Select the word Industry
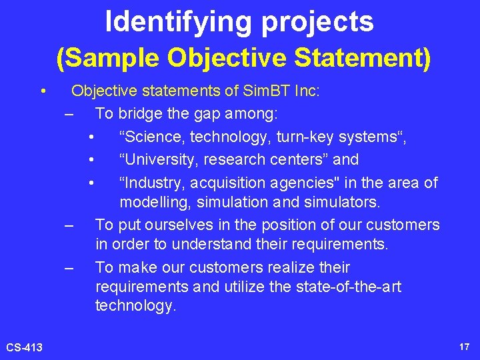[149, 183]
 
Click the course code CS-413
[25, 347]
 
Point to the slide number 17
[465, 347]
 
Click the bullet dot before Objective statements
[43, 91]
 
